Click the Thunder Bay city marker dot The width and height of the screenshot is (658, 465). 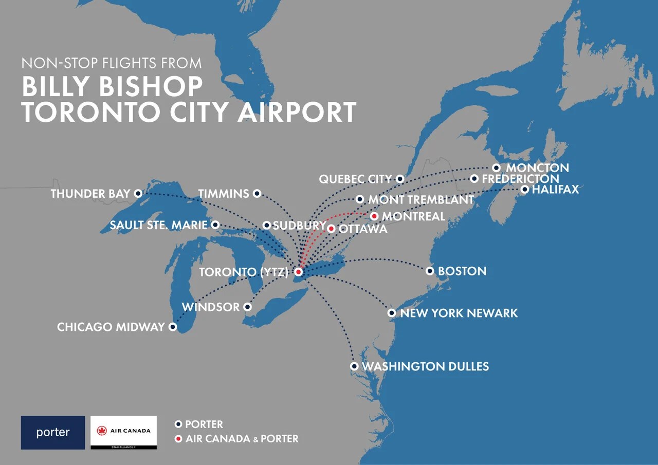(138, 194)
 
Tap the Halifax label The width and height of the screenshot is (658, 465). (555, 190)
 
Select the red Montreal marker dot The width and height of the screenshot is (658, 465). (374, 216)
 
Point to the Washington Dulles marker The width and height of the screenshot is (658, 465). (354, 366)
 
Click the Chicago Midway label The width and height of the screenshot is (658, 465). (111, 327)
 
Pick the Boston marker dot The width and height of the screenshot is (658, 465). (430, 271)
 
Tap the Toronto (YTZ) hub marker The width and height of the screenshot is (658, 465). (298, 271)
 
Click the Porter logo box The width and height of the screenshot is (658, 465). (53, 433)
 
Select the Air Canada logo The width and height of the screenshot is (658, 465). (123, 433)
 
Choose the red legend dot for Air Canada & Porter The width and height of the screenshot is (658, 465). (178, 439)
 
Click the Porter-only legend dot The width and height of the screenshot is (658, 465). (178, 424)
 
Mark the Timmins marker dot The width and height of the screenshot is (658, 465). (258, 193)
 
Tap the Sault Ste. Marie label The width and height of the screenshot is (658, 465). (158, 225)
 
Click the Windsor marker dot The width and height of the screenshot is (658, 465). (247, 307)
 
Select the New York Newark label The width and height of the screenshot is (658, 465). (459, 313)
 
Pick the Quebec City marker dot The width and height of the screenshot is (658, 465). (400, 179)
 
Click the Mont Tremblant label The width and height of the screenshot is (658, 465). (421, 200)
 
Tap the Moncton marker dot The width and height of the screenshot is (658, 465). (496, 168)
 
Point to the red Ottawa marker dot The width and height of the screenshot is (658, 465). (332, 229)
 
